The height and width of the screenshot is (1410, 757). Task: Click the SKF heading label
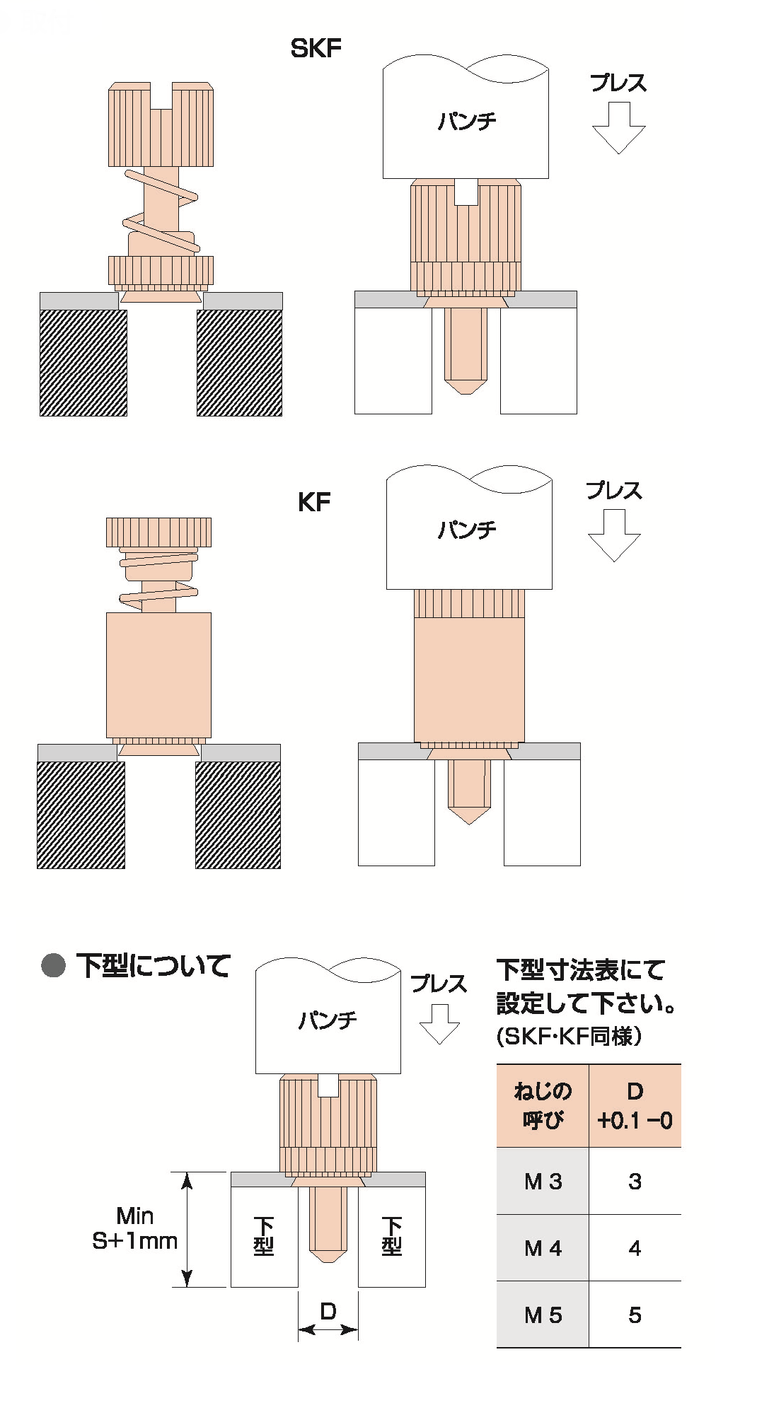(x=316, y=48)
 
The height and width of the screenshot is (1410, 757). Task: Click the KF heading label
(x=314, y=502)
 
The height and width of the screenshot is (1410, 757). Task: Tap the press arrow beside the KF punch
(x=614, y=536)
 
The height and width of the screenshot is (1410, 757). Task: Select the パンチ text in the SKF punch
(x=466, y=121)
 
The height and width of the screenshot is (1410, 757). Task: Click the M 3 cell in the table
(x=543, y=1181)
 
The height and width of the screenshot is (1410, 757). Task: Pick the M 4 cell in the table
(x=543, y=1248)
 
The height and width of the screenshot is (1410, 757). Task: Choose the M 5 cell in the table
(x=543, y=1315)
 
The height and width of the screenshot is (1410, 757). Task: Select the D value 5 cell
(x=635, y=1315)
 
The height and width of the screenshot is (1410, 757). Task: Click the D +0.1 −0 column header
(x=635, y=1106)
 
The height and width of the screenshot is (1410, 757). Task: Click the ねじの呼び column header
(x=543, y=1106)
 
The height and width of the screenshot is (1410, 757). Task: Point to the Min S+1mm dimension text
(x=134, y=1228)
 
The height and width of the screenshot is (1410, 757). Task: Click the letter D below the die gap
(x=328, y=1312)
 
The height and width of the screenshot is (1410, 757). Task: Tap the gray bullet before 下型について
(x=54, y=965)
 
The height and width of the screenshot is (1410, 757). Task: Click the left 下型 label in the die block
(x=264, y=1236)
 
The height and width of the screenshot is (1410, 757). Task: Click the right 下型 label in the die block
(x=391, y=1236)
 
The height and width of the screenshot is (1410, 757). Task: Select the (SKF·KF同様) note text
(x=569, y=1037)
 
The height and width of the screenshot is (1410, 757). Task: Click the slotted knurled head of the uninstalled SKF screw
(x=161, y=126)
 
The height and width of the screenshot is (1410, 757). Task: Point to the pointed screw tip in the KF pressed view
(x=468, y=813)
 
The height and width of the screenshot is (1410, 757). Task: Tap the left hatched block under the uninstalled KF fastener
(x=81, y=815)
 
